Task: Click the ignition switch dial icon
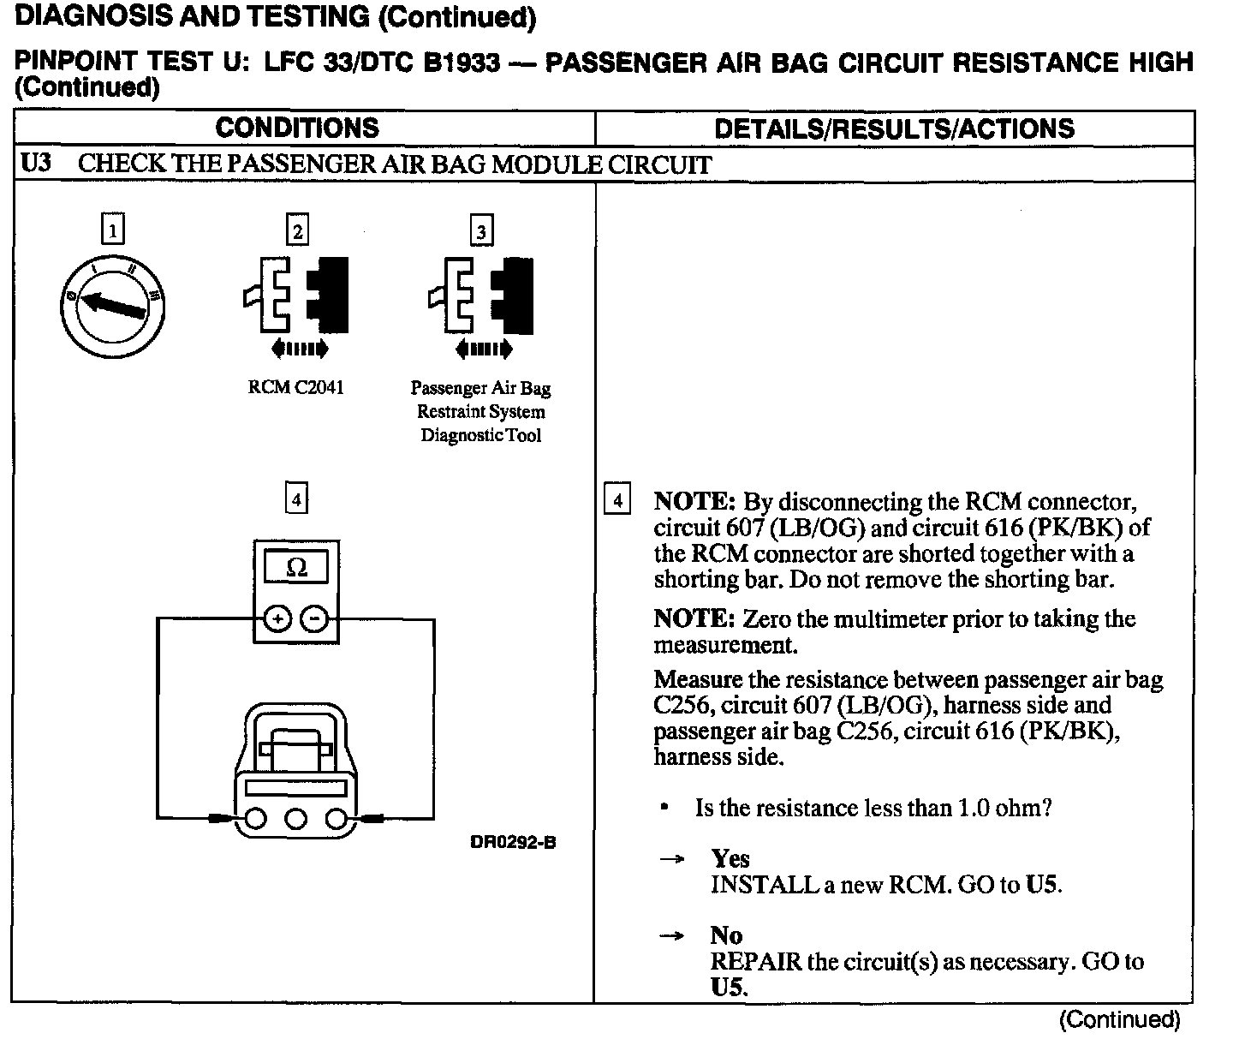coord(114,308)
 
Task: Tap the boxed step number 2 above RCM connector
coord(296,231)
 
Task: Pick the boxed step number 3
coord(481,231)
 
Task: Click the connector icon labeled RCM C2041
coord(296,300)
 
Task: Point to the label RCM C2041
coord(296,387)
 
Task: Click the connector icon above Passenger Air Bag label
coord(481,300)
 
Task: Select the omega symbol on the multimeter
coord(296,567)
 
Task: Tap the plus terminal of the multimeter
coord(276,618)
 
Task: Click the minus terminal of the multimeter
coord(316,618)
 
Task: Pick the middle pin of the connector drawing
coord(296,820)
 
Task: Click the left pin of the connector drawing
coord(255,820)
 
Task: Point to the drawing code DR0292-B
coord(513,842)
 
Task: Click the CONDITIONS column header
coord(297,128)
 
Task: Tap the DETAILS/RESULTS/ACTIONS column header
coord(894,128)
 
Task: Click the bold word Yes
coord(730,858)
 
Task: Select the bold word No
coord(726,935)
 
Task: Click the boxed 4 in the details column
coord(616,499)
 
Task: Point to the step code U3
coord(36,163)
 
